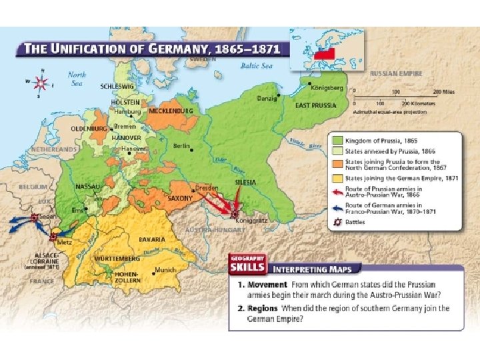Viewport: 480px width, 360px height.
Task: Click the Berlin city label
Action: (182, 145)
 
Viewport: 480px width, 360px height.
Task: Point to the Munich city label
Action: (164, 270)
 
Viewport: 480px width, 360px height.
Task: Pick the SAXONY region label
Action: (180, 198)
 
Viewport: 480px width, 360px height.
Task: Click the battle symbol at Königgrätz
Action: (235, 213)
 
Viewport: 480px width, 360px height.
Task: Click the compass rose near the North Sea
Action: (41, 83)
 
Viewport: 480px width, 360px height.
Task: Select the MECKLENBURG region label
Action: (171, 111)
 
